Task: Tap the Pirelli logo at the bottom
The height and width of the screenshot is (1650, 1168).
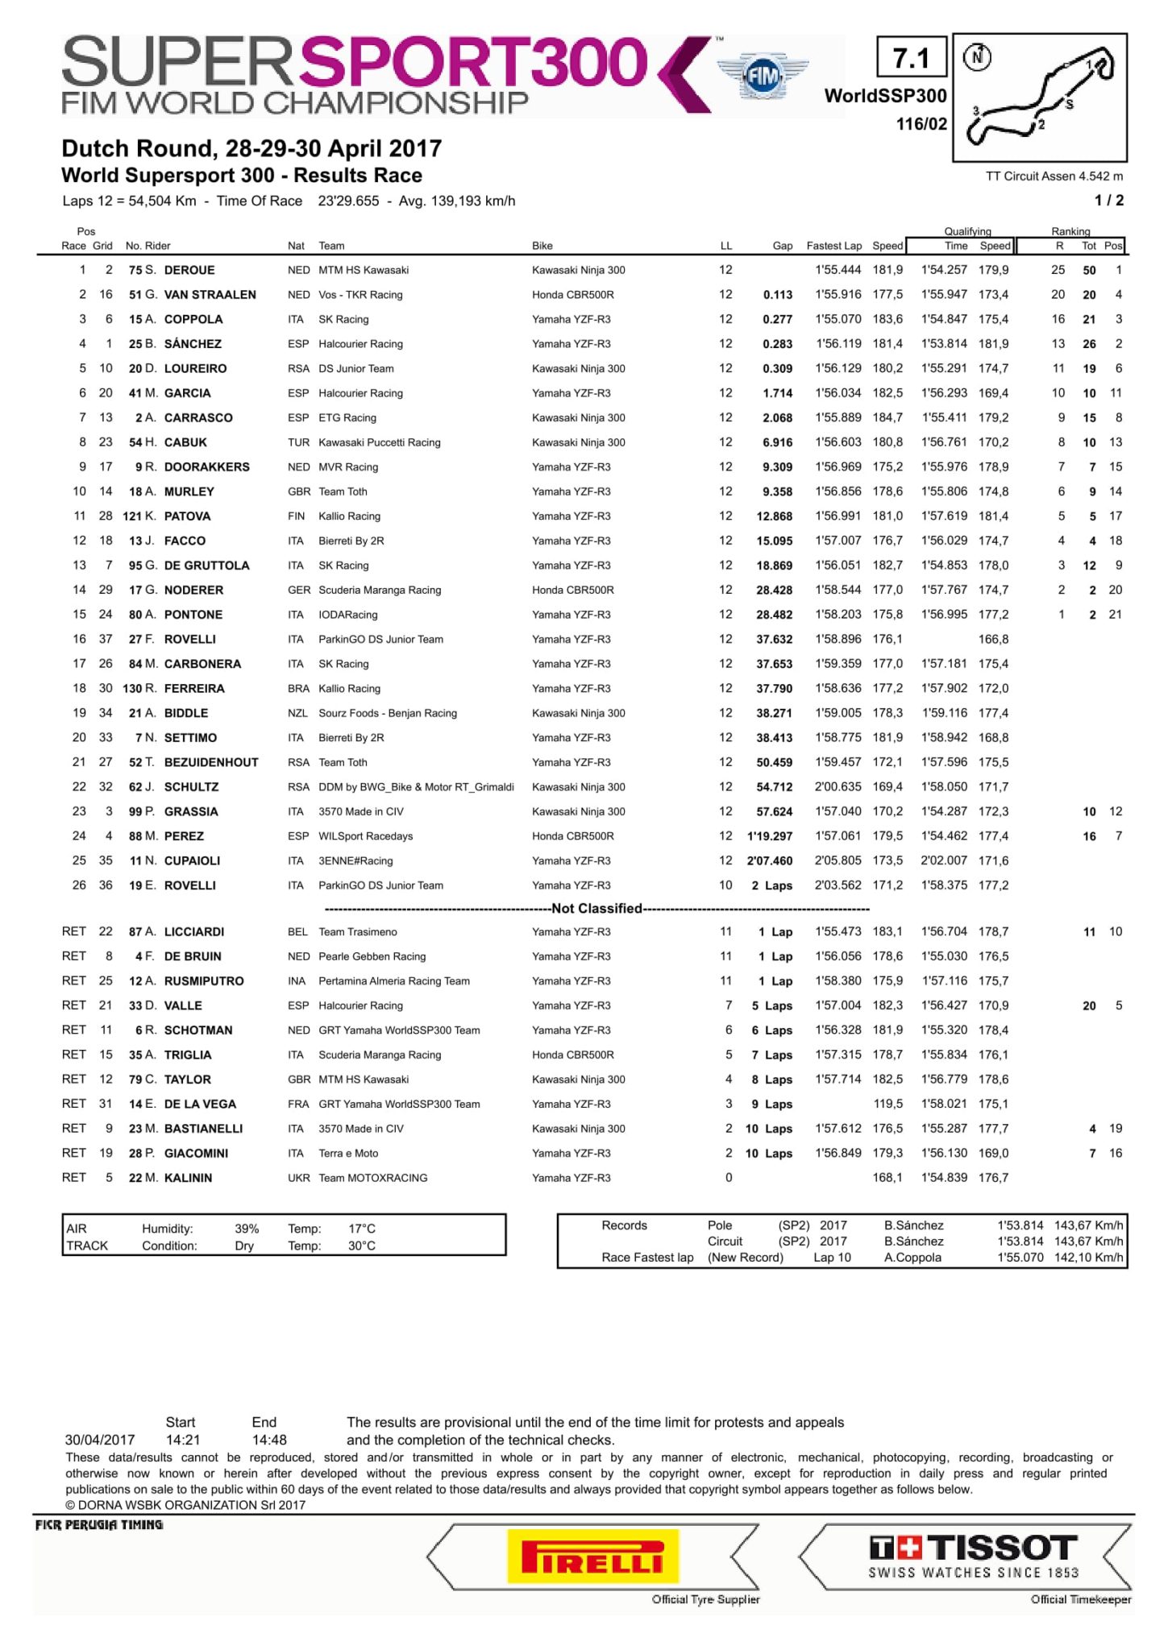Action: tap(592, 1556)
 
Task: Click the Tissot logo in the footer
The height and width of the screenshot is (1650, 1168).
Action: tap(973, 1556)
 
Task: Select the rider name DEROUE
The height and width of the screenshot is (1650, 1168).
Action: tap(189, 270)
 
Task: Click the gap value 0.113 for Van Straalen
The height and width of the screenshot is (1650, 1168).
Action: tap(777, 295)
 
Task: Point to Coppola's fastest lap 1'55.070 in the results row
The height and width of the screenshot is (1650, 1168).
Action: tap(838, 319)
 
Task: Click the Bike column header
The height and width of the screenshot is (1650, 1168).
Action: tap(542, 246)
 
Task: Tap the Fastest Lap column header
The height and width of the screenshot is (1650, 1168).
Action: tap(833, 246)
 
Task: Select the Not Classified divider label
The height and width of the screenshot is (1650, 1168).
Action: tap(596, 909)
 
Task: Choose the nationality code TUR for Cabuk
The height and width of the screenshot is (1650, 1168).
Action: tap(298, 442)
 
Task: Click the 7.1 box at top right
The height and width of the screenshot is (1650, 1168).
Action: tap(911, 58)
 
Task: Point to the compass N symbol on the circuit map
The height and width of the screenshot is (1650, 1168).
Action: tap(978, 57)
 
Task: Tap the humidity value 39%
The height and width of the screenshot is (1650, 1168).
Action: tap(247, 1229)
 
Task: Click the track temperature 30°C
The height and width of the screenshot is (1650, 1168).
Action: tap(362, 1246)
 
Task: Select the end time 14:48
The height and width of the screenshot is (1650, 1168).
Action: tap(269, 1440)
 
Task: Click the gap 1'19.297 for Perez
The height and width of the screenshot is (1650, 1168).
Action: tap(770, 836)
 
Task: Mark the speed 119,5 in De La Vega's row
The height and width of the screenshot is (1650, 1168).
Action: tap(887, 1104)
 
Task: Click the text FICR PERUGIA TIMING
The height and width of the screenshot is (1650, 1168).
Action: tap(99, 1525)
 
